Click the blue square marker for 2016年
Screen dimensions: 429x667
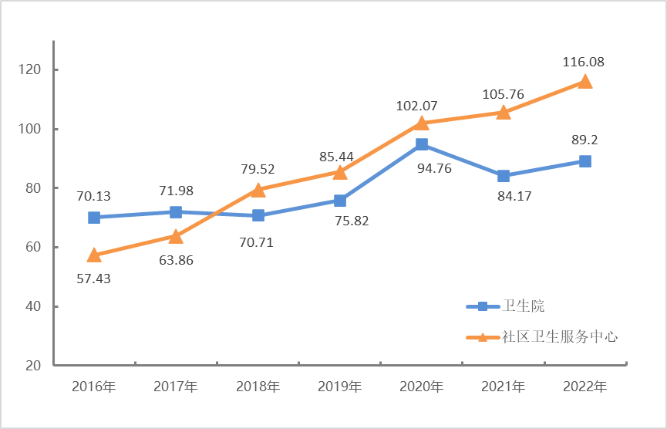pyautogui.click(x=94, y=218)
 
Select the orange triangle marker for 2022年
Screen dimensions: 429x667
pyautogui.click(x=585, y=82)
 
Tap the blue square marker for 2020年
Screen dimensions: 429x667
pyautogui.click(x=422, y=144)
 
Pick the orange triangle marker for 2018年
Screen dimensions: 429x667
pyautogui.click(x=258, y=190)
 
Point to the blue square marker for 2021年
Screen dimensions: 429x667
pyautogui.click(x=504, y=176)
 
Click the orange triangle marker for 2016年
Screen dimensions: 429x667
pyautogui.click(x=94, y=255)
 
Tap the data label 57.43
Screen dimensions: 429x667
pyautogui.click(x=93, y=279)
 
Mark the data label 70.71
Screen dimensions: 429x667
pyautogui.click(x=257, y=242)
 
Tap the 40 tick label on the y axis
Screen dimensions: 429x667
pyautogui.click(x=31, y=307)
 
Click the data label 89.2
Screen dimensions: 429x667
pyautogui.click(x=585, y=140)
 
